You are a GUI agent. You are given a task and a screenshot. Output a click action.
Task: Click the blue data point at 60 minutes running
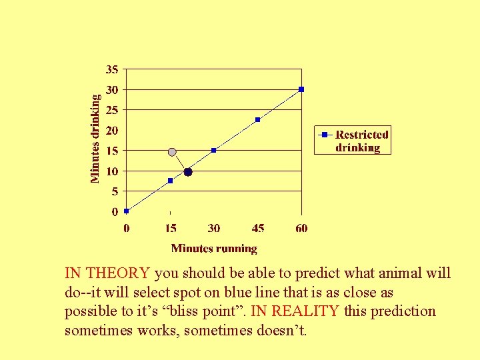(301, 89)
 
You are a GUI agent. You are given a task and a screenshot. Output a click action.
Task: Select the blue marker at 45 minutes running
(258, 120)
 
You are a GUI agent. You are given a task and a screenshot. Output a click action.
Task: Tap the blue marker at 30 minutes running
(214, 150)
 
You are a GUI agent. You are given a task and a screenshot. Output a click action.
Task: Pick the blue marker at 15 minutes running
(171, 181)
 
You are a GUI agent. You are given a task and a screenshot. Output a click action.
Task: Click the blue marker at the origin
(127, 211)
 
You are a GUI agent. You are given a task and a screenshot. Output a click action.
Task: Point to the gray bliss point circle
(172, 152)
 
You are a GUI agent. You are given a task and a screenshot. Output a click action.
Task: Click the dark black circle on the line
(188, 172)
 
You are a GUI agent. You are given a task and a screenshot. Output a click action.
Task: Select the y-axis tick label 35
(112, 69)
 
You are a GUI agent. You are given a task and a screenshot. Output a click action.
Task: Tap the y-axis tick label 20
(112, 130)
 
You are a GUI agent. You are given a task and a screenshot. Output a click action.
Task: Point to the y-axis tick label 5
(115, 191)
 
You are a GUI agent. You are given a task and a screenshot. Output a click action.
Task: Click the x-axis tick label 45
(258, 229)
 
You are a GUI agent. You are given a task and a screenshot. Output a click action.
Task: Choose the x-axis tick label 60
(301, 229)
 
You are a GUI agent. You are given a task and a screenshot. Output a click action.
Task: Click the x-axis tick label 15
(171, 229)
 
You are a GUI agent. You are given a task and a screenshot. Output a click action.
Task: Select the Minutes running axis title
(214, 249)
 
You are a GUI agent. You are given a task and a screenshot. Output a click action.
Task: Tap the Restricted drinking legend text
(361, 141)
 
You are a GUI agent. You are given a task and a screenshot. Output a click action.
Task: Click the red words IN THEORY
(107, 273)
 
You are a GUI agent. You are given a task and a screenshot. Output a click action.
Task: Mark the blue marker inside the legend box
(325, 135)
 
